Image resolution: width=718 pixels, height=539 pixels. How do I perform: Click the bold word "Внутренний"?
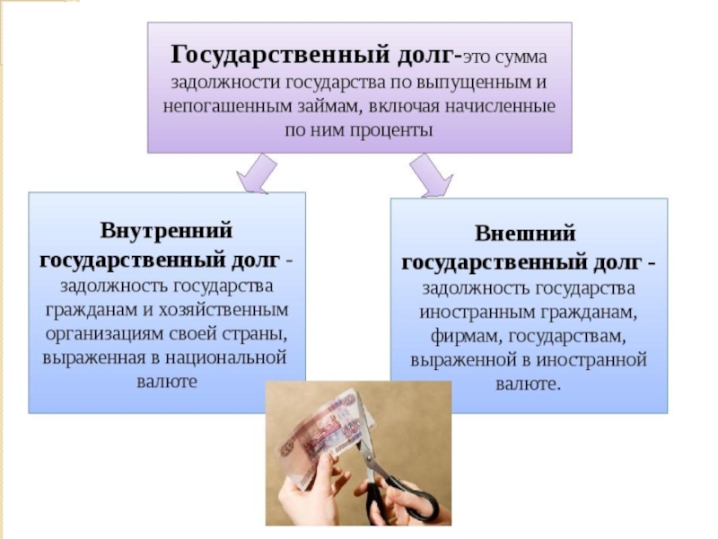(167, 230)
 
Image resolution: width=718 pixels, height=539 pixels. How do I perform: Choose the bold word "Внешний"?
(526, 232)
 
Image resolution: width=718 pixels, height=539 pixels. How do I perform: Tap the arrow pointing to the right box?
(428, 175)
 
